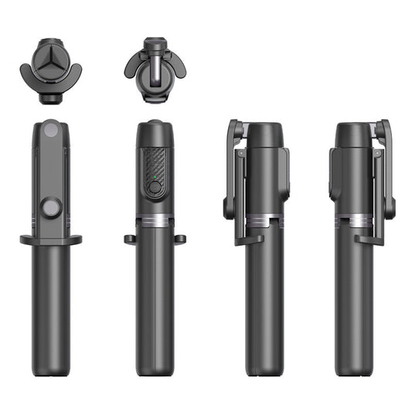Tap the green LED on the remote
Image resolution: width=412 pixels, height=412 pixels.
(155, 186)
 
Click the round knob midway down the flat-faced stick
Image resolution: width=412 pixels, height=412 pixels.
(51, 207)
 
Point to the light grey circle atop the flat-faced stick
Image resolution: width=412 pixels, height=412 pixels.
(51, 131)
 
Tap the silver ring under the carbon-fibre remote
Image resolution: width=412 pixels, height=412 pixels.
(155, 220)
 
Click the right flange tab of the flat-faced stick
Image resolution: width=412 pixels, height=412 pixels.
(76, 240)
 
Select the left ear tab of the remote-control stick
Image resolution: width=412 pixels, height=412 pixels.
(129, 239)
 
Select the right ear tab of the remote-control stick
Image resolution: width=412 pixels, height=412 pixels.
(180, 239)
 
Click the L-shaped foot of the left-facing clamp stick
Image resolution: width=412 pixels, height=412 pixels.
(249, 238)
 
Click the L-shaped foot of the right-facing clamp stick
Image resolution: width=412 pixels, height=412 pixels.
(368, 238)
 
